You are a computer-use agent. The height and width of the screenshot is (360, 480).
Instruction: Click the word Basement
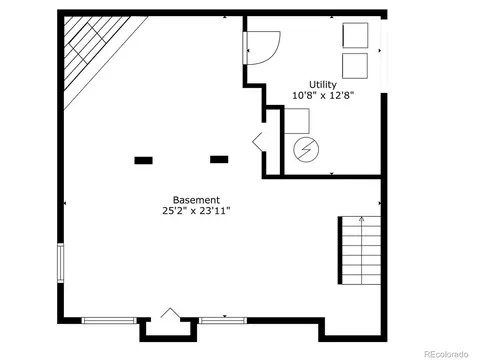[x=196, y=200]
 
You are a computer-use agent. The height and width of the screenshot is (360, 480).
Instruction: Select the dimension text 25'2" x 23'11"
[x=196, y=211]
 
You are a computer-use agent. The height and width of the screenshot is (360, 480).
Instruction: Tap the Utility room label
[x=323, y=85]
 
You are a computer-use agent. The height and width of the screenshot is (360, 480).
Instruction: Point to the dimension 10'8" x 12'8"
[x=323, y=96]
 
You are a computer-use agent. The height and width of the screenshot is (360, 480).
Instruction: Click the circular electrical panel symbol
[x=306, y=149]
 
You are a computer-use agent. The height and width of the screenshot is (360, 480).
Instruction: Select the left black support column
[x=143, y=160]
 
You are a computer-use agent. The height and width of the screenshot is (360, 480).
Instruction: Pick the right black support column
[x=219, y=159]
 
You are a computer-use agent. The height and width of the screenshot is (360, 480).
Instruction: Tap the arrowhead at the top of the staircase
[x=362, y=219]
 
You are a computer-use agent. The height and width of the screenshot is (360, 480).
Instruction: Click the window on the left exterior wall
[x=60, y=263]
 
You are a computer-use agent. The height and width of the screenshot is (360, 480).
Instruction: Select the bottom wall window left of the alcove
[x=109, y=321]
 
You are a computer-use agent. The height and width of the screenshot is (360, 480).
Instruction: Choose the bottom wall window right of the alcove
[x=223, y=321]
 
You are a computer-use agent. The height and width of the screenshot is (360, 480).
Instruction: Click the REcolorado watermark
[x=446, y=354]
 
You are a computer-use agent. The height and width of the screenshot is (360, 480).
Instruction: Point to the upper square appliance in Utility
[x=355, y=35]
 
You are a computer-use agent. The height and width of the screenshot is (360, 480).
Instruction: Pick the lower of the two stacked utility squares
[x=355, y=66]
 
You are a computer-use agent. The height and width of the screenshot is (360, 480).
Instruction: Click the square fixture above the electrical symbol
[x=297, y=121]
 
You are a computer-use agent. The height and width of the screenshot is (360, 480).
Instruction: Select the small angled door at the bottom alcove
[x=171, y=313]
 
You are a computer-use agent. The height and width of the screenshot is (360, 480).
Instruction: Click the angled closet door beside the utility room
[x=258, y=141]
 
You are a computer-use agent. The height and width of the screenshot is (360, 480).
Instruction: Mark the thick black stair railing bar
[x=340, y=250]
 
